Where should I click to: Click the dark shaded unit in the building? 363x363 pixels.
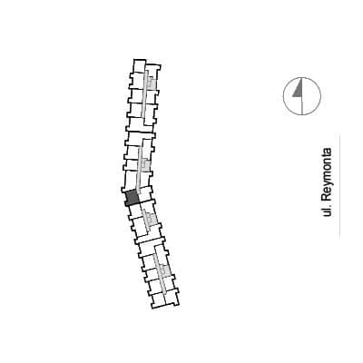(x=132, y=198)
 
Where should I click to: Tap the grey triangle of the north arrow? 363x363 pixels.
(x=299, y=90)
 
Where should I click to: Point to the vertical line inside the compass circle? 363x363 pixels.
(x=302, y=96)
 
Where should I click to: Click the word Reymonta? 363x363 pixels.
(x=327, y=174)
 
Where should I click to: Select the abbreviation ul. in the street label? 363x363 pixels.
(x=326, y=211)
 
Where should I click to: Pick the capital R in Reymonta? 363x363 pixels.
(x=326, y=197)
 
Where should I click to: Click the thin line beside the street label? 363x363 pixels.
(x=339, y=185)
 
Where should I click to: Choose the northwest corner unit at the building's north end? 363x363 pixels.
(x=140, y=66)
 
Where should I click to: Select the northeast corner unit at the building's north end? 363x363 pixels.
(x=153, y=70)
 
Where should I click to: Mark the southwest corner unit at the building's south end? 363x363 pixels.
(x=158, y=301)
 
